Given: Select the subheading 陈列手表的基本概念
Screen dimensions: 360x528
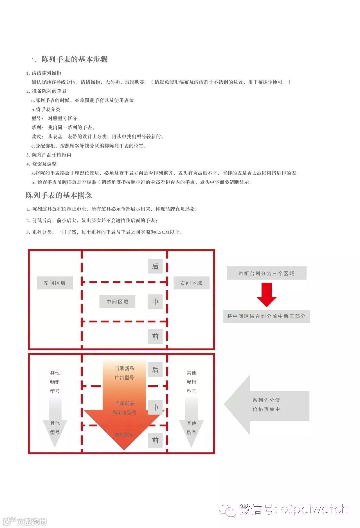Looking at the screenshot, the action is pos(59,195).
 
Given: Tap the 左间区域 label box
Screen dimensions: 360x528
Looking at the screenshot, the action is pos(55,283).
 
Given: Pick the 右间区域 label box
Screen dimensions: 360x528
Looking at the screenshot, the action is pos(191,283).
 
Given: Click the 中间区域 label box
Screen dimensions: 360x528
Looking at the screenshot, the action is pos(117,302).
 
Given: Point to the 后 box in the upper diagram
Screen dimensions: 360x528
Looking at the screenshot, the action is pos(155,266).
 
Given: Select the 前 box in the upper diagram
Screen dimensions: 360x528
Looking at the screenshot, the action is pos(155,337).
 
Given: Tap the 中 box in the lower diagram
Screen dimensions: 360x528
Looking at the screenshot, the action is pos(155,407).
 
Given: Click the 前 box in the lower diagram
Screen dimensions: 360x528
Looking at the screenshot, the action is pos(155,440).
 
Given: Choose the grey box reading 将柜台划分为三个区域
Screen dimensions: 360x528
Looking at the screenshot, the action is pos(266,273).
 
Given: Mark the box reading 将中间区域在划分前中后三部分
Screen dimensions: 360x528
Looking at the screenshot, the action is pos(266,316).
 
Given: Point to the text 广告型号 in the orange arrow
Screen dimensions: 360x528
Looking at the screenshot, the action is pos(124,377).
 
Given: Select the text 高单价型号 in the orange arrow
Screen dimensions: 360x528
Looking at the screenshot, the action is pos(124,413).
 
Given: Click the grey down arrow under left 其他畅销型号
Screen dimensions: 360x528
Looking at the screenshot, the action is pos(55,422).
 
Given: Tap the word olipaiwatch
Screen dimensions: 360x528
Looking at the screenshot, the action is pos(314,509).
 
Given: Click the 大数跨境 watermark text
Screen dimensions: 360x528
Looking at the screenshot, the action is pos(31,522).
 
